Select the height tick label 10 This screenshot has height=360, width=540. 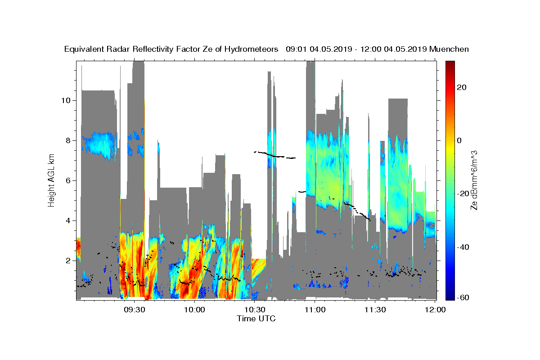[x=65, y=100]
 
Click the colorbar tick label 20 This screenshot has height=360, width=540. [x=461, y=87]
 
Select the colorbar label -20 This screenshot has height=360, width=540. [x=463, y=193]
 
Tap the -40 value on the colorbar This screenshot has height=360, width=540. [x=463, y=247]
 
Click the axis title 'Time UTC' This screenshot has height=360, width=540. [x=256, y=319]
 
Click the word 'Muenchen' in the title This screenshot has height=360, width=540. [x=450, y=49]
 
